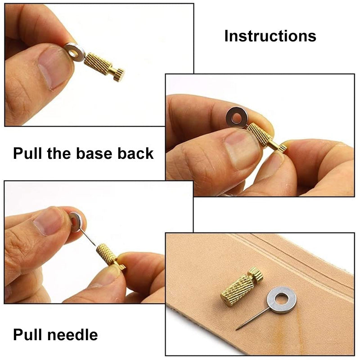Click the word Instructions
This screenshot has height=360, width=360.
[270, 36]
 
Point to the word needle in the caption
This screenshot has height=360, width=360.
[72, 335]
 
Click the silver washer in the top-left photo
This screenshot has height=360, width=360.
[75, 52]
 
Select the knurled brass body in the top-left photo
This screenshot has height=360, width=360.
[98, 63]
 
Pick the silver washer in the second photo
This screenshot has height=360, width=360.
[236, 117]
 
